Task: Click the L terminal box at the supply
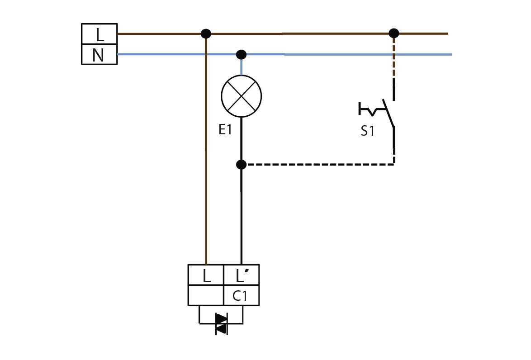coord(99,34)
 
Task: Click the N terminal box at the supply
coord(99,54)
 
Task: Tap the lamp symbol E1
coord(241,96)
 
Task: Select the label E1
coord(225,129)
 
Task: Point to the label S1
coord(367,131)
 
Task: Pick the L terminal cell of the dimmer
coord(206,275)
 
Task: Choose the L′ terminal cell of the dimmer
coord(242,275)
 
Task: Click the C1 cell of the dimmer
coord(242,295)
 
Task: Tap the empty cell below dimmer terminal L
coord(206,295)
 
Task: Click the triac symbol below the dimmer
coord(222,324)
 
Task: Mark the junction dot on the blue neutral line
coord(241,54)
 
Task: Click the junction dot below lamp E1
coord(241,165)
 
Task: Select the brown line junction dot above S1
coord(394,33)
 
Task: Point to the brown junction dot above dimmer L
coord(206,33)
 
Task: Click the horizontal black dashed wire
coord(320,165)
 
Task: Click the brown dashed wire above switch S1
coord(394,57)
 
